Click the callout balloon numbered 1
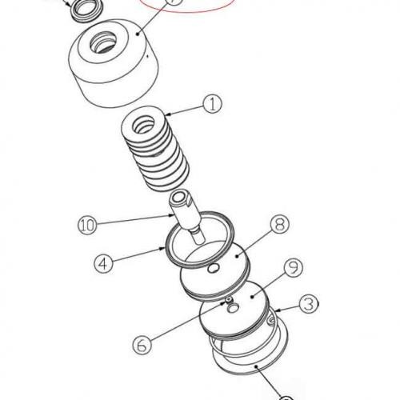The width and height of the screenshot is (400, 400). (x=212, y=104)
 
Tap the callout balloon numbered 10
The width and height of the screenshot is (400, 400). (x=87, y=225)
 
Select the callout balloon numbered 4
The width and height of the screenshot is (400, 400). (x=103, y=263)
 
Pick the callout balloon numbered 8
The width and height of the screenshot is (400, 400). (x=280, y=224)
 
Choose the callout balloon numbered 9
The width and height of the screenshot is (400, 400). (x=294, y=267)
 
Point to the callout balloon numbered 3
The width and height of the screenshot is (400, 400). (x=309, y=304)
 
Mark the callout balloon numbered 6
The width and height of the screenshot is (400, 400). (x=142, y=345)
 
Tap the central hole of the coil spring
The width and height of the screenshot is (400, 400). (x=144, y=125)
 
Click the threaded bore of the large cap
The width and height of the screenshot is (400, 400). (x=103, y=42)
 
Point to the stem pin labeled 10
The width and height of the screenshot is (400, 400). (x=186, y=216)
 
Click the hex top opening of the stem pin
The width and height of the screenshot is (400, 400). (x=179, y=198)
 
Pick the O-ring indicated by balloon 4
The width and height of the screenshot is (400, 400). (x=199, y=239)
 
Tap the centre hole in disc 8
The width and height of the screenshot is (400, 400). (x=214, y=268)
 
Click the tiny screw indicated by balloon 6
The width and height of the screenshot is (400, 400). (x=229, y=301)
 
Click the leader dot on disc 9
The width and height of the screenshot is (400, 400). (x=252, y=296)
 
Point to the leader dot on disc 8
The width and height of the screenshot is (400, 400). (x=237, y=256)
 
